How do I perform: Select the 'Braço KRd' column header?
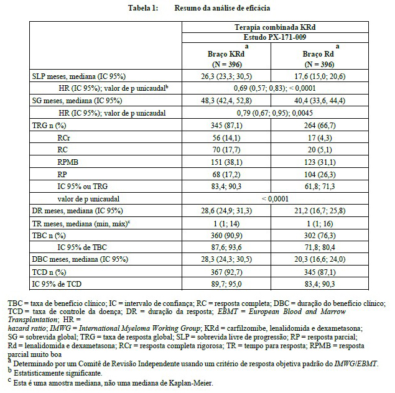[227, 55]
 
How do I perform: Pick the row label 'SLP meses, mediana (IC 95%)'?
[78, 76]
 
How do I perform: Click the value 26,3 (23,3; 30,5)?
[227, 76]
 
